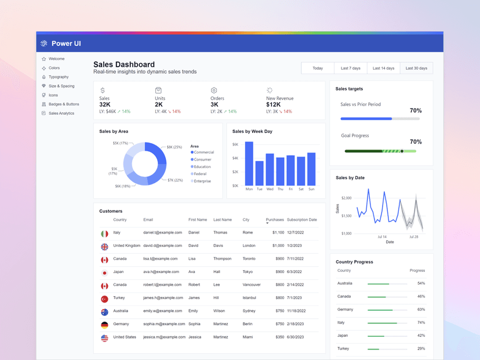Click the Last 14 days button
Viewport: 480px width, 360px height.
coord(383,68)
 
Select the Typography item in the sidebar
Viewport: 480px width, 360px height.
coord(59,77)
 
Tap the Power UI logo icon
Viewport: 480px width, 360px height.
coord(44,43)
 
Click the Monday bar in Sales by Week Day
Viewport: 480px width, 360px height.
coord(249,163)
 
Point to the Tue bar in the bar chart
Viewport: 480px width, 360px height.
coord(260,173)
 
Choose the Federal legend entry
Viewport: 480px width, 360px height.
coord(200,174)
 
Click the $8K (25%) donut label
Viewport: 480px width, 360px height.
coord(174,147)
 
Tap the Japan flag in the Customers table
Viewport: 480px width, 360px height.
coord(104,272)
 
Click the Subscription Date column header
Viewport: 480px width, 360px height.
coord(301,220)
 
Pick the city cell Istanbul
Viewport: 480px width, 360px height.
coord(250,298)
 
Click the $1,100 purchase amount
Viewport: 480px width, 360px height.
coord(278,232)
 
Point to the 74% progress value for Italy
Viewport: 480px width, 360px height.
coord(420,322)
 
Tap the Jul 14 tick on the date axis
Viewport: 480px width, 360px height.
coord(382,237)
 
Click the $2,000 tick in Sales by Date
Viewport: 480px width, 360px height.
coord(346,198)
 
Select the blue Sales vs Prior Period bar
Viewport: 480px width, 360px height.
coord(366,119)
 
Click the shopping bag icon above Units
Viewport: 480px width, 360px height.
coord(158,90)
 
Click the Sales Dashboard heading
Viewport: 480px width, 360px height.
coord(124,64)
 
